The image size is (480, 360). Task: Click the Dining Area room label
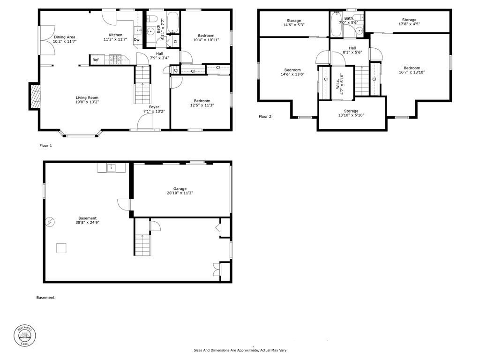point(64,37)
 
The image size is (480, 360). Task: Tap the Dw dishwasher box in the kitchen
point(136,40)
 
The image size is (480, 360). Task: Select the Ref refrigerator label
point(96,60)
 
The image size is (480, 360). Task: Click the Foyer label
point(154,107)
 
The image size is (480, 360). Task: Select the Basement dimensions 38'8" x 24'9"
point(87,223)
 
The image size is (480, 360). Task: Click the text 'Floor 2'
point(265,117)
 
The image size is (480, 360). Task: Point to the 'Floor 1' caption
point(45,146)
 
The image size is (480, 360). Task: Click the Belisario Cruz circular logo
point(24,337)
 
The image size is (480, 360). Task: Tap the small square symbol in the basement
point(61,248)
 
